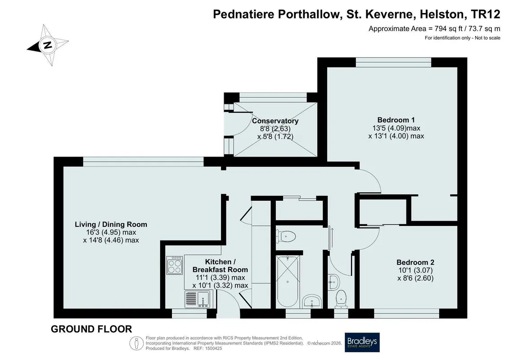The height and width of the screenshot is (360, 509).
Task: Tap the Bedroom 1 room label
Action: point(396,120)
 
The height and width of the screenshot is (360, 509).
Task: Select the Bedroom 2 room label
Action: point(415,262)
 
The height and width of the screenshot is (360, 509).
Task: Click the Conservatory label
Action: point(275,121)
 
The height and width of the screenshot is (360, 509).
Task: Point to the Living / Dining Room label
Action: point(111,224)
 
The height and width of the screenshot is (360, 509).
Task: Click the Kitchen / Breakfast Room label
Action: point(220,265)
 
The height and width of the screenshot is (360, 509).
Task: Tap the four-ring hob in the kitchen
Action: point(174,265)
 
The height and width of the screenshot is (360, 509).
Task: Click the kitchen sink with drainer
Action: point(198,299)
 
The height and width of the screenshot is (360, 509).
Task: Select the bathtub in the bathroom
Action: point(288,281)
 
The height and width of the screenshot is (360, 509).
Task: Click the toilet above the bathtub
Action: point(285,236)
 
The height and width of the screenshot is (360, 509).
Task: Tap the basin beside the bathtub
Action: point(311,302)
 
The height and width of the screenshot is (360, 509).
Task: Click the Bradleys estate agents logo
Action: point(362,342)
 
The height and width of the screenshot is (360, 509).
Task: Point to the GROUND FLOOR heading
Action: point(91,329)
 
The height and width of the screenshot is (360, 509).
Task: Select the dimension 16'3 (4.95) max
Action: point(111,233)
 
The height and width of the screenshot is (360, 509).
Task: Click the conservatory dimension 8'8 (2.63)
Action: point(275,129)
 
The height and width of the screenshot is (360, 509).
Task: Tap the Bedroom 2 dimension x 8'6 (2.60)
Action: point(415,278)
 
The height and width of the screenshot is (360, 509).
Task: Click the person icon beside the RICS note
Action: point(136,343)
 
